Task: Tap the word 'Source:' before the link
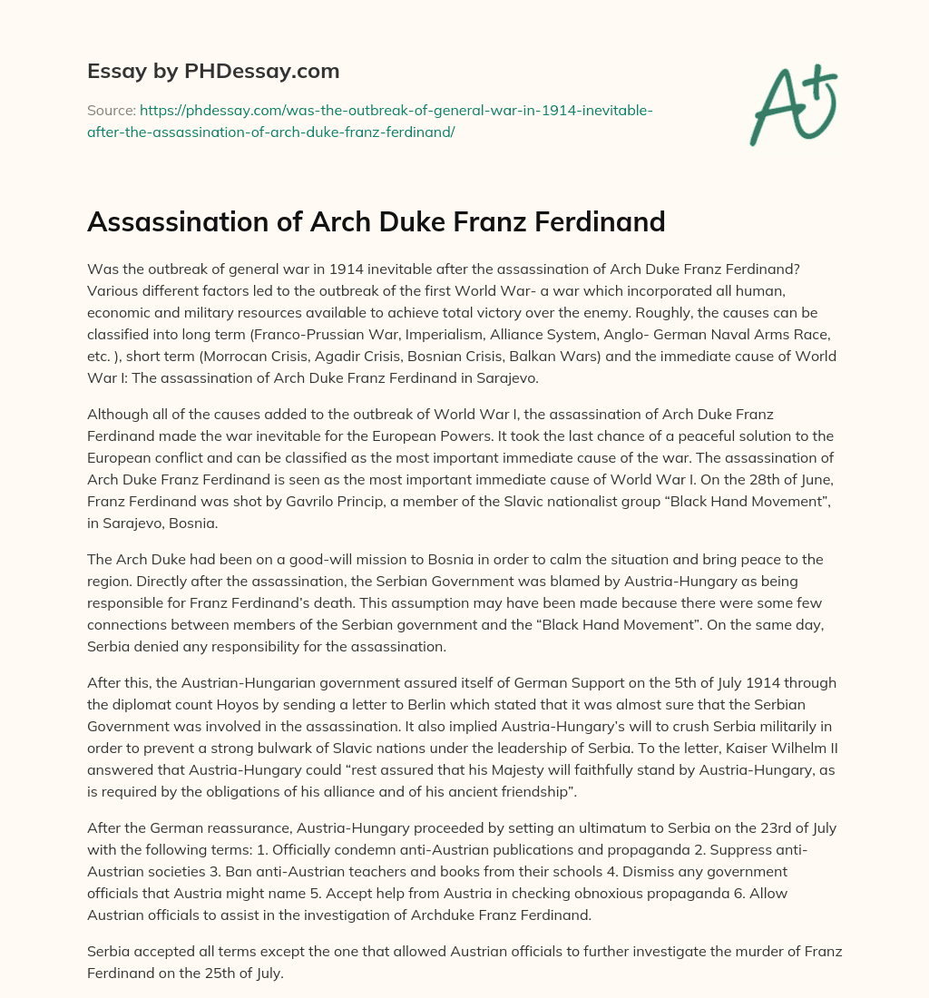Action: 111,111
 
